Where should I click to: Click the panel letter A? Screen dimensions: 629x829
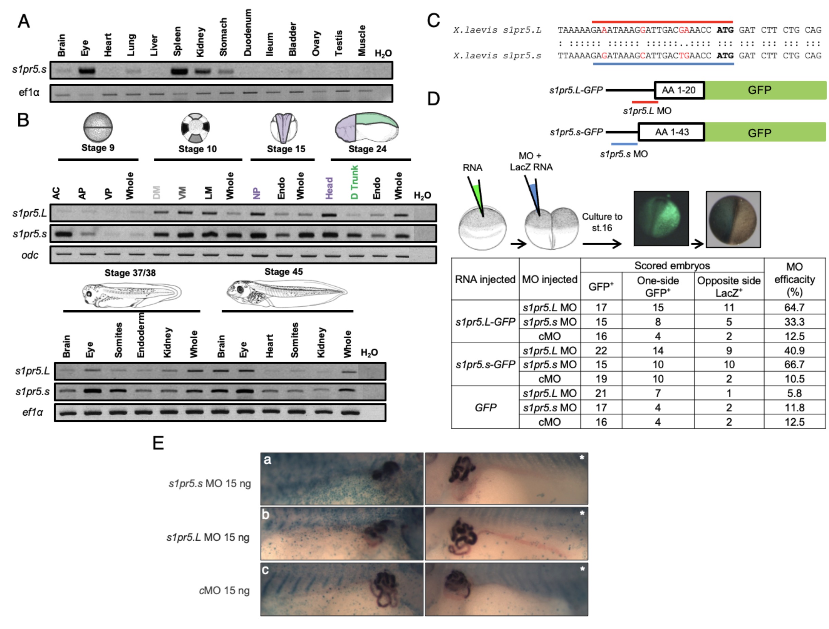tap(24, 21)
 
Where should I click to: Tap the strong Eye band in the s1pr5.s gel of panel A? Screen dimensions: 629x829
tap(87, 71)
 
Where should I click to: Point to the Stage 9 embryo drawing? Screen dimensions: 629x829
tap(98, 127)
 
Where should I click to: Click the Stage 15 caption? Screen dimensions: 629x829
tap(286, 149)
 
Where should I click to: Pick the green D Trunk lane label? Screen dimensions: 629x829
tap(354, 183)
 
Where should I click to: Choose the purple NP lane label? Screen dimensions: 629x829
tap(256, 193)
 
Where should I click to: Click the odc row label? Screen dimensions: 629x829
tap(30, 255)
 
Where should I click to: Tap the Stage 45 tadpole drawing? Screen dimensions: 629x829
tap(287, 292)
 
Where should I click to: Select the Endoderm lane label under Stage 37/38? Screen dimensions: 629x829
tap(141, 335)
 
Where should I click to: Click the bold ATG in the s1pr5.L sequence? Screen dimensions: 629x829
tap(725, 30)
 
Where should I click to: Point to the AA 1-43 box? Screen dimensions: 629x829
tap(671, 132)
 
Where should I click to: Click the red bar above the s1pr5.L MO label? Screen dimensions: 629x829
tap(645, 102)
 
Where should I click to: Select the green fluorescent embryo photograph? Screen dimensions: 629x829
tap(661, 218)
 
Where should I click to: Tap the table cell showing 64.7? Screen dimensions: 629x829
tap(794, 308)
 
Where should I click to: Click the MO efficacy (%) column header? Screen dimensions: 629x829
tap(794, 280)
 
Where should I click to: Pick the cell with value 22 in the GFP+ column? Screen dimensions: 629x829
tap(601, 351)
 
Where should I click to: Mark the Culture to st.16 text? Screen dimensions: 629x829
tap(602, 222)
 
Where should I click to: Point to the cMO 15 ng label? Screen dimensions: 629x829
tap(224, 591)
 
